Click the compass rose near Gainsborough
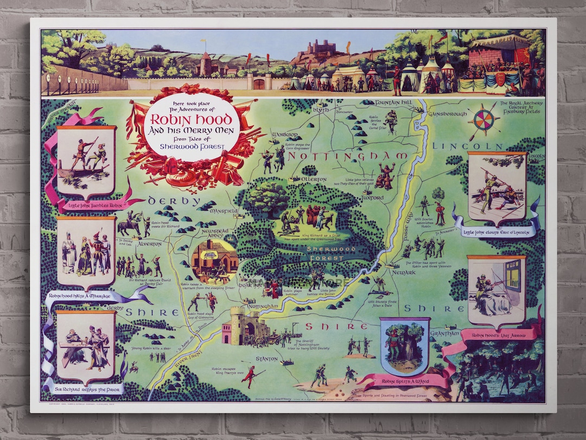click(483, 122)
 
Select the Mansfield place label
click(225, 209)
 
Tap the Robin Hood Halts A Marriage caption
click(80, 296)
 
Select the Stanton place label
click(267, 359)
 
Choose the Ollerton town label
click(314, 179)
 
